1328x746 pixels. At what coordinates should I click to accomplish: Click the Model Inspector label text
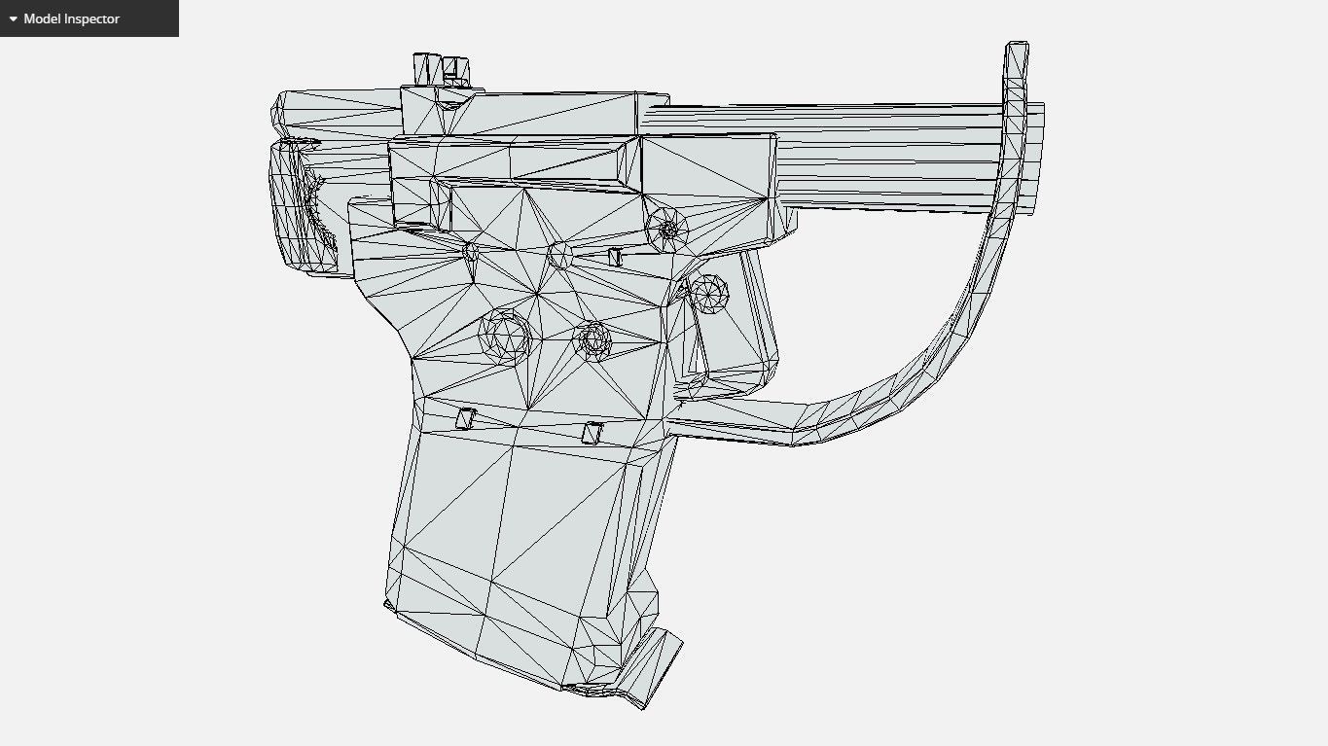pyautogui.click(x=71, y=18)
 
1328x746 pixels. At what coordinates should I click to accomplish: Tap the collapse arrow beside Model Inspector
pyautogui.click(x=13, y=18)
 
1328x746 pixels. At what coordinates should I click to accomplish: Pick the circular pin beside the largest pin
pyautogui.click(x=592, y=339)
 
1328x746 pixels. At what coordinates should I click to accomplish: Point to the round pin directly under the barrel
pyautogui.click(x=667, y=229)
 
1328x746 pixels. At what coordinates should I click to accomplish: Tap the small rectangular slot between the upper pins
pyautogui.click(x=615, y=256)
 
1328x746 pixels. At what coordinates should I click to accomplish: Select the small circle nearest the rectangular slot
pyautogui.click(x=559, y=255)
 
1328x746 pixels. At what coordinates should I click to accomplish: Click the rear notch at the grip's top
pyautogui.click(x=466, y=418)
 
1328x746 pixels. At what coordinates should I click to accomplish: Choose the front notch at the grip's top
pyautogui.click(x=591, y=433)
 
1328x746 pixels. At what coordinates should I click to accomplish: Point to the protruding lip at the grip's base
pyautogui.click(x=654, y=671)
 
